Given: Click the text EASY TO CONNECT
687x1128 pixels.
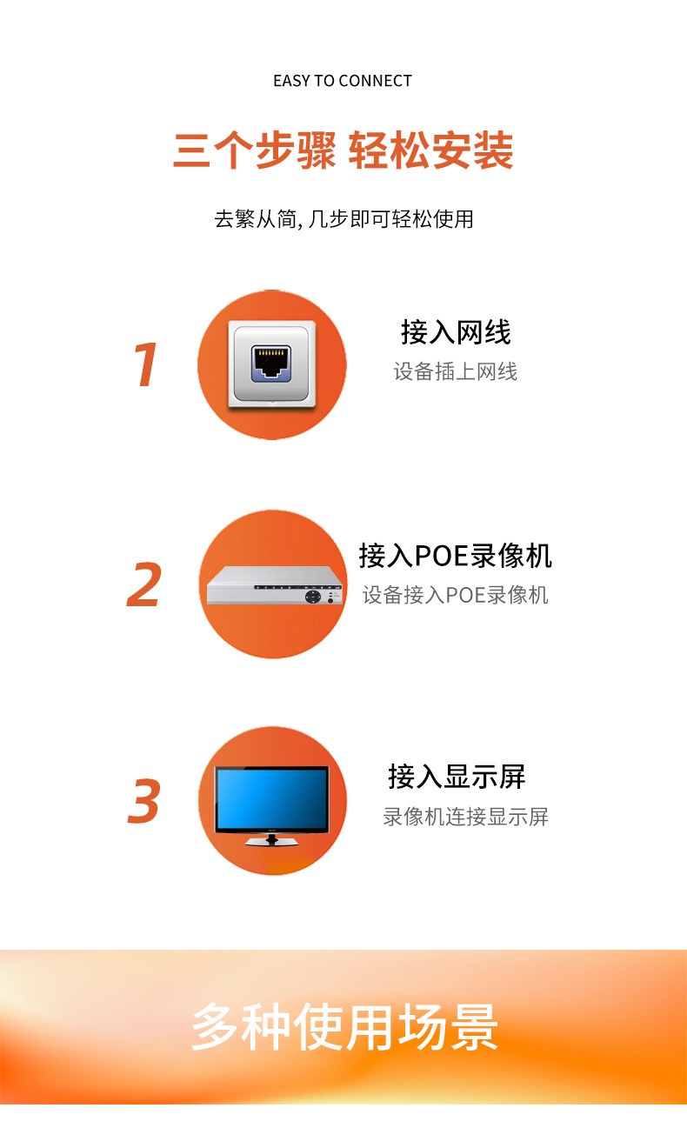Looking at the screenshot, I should (x=343, y=81).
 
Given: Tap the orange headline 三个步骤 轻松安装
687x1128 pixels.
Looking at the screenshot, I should (x=343, y=151).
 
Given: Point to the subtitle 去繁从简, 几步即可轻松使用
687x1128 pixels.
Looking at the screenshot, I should (x=343, y=218).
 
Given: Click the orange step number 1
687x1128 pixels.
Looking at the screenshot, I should (x=145, y=365).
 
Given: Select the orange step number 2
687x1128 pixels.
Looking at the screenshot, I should (x=144, y=585).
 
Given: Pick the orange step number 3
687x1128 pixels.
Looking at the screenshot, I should (x=144, y=802).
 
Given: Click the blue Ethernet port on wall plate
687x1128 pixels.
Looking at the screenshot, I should (x=271, y=363).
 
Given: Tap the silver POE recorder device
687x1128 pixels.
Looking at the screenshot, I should (x=272, y=585).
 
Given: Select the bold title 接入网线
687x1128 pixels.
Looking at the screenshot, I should (x=456, y=332).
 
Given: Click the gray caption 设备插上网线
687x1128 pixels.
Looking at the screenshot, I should (x=456, y=372).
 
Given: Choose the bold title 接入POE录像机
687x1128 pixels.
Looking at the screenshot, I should (x=456, y=555).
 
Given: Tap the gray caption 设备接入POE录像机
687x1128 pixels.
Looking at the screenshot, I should (x=456, y=595).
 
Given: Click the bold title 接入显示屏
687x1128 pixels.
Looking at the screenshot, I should (x=457, y=777).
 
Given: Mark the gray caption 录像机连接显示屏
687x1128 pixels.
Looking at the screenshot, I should (x=465, y=817).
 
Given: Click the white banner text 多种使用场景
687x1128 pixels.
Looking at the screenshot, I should (x=344, y=1027).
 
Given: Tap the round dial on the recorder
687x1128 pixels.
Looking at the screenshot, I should (x=310, y=597).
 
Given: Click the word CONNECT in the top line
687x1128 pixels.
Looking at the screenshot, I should (x=375, y=81).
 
